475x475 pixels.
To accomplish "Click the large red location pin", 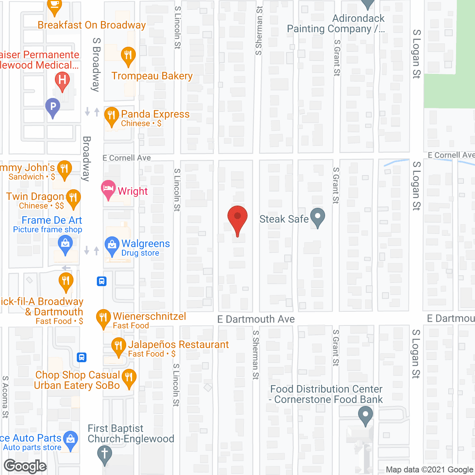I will coord(237,219).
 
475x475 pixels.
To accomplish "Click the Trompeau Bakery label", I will coord(152,76).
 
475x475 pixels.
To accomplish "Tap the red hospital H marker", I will coord(62,81).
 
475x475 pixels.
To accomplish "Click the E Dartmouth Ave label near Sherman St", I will coord(256,319).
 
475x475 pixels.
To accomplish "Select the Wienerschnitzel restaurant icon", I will coord(104,318).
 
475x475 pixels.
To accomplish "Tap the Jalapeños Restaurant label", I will coord(178,345).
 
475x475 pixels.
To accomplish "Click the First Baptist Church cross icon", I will coord(104,455).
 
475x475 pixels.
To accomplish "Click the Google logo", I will coord(25,466).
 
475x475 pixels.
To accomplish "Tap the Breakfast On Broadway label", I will coord(92,25).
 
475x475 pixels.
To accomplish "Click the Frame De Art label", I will coord(52,220).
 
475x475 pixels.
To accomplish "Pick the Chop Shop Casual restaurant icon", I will coord(129,379).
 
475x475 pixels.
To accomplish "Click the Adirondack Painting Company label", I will coord(336,24).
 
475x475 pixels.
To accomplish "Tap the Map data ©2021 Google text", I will coord(429,470).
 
